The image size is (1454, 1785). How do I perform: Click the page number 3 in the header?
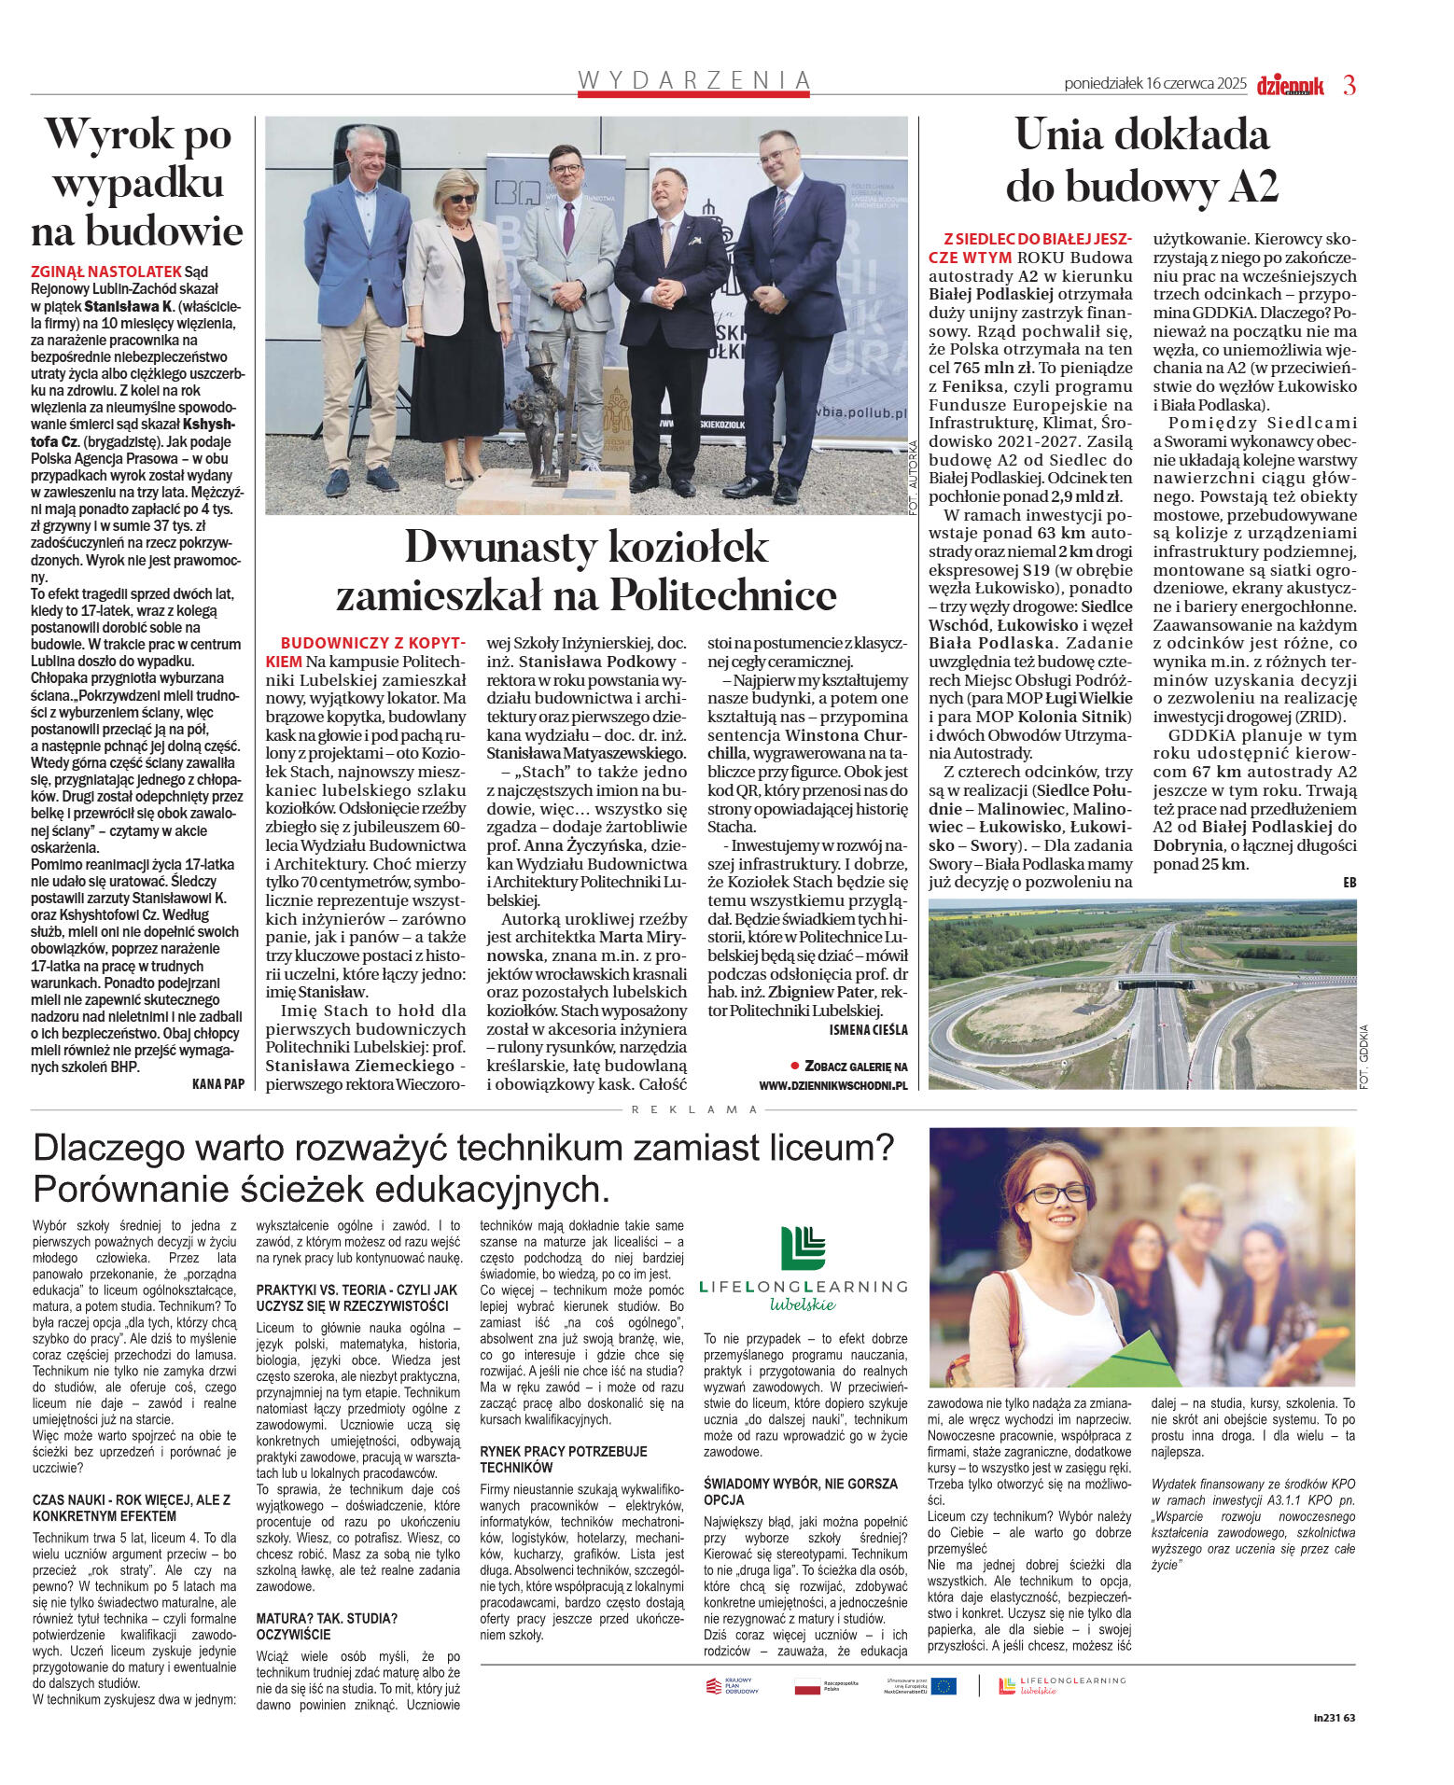coord(1349,85)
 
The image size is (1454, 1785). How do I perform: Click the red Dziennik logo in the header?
coord(1290,86)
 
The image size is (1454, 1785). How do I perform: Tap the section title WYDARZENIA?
coord(694,80)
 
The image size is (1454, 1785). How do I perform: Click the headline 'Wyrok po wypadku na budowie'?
coord(138,183)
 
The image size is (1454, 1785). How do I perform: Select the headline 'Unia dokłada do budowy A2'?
coord(1141,160)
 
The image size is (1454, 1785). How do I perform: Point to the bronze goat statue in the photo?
coord(550,411)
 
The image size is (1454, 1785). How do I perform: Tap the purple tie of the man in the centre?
coord(568,228)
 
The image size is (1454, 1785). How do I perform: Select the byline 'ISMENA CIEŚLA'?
coord(868,1029)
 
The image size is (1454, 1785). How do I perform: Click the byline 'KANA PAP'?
coord(218,1083)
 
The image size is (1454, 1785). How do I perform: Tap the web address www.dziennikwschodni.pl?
coord(832,1085)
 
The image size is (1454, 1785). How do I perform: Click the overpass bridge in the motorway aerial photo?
coord(1157,982)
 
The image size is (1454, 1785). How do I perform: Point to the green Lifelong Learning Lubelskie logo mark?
coord(804,1248)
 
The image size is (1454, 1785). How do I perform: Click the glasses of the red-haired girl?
coord(1057,1192)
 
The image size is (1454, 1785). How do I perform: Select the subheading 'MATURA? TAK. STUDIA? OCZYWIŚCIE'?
coord(327,1625)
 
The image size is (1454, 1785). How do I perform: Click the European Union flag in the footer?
coord(944,1685)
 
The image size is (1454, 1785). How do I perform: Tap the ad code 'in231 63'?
coord(1334,1717)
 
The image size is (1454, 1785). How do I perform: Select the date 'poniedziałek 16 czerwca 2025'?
coord(1154,83)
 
